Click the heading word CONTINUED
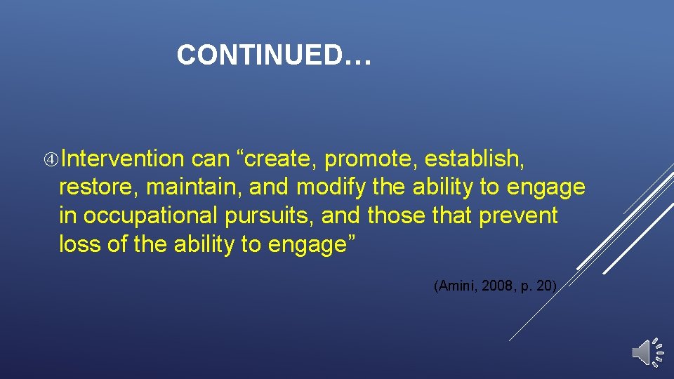click(260, 55)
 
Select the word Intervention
click(121, 159)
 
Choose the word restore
click(98, 187)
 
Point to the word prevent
click(518, 215)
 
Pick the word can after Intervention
click(211, 159)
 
